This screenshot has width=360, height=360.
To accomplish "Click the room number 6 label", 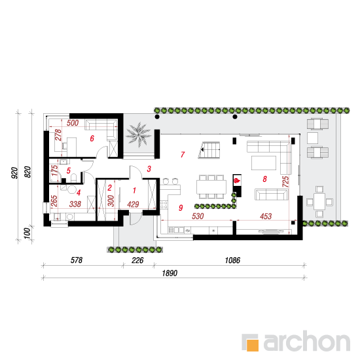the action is [x=92, y=139].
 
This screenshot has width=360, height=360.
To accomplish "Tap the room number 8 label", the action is [x=264, y=179].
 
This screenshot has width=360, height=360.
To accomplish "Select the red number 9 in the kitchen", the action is [x=181, y=207].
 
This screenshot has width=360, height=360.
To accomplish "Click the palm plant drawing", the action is [x=139, y=135].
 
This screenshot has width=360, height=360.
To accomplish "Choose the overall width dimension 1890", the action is [x=170, y=273].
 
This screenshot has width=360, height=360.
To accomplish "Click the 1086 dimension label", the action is [x=232, y=260].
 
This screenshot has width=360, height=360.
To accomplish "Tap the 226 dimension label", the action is [x=137, y=260].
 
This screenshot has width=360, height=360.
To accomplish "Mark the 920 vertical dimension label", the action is [x=14, y=173].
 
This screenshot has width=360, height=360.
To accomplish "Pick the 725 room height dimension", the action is [x=285, y=182].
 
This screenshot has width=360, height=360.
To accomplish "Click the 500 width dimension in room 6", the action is [x=73, y=123].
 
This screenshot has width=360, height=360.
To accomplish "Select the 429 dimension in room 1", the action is [x=133, y=204].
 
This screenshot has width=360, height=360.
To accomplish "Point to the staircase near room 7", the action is [x=209, y=150].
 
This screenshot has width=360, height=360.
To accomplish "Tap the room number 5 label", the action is [x=69, y=171].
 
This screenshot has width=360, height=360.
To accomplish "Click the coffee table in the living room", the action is [x=264, y=163].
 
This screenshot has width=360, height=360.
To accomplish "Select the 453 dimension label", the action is [x=266, y=216].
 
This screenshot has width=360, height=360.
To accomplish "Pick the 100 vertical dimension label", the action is [x=27, y=233].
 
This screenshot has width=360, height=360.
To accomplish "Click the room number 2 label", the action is [x=109, y=188].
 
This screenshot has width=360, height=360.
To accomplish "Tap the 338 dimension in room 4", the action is [x=75, y=204].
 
